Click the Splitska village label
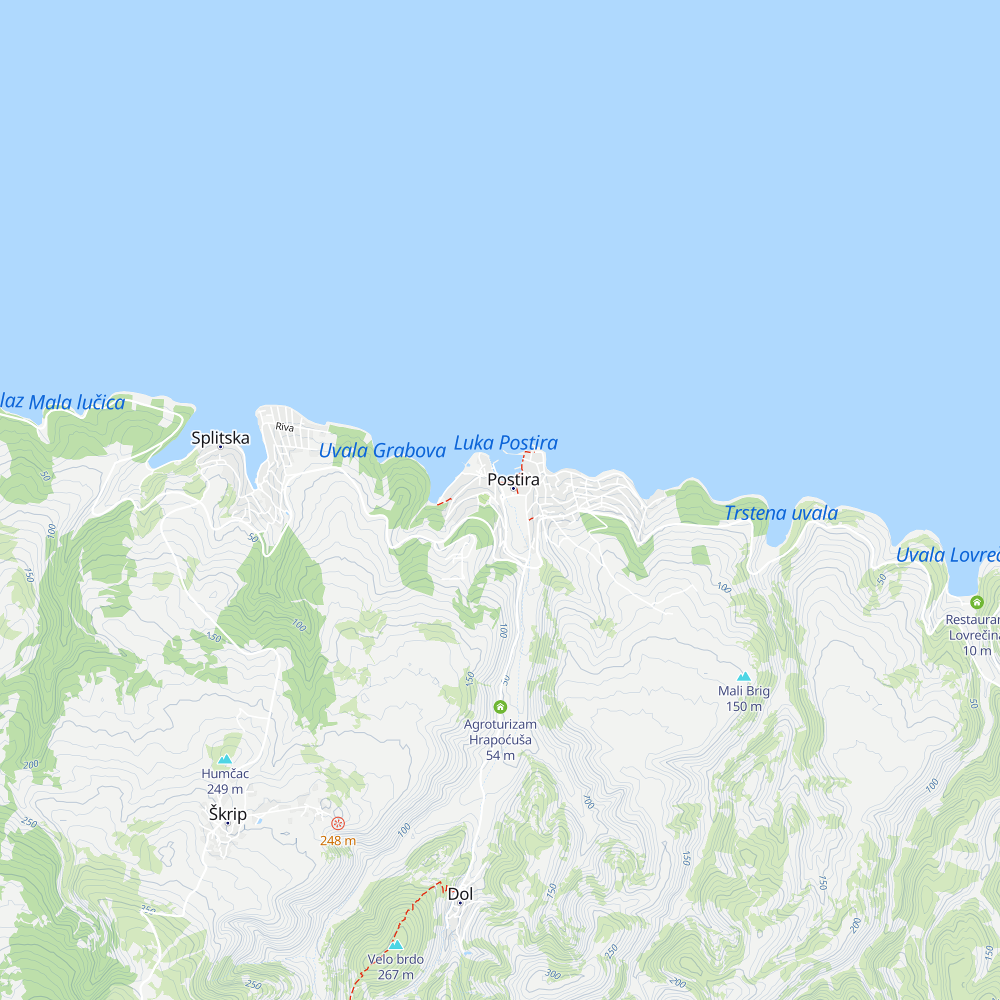point(220,438)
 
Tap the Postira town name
point(513,479)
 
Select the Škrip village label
point(227,813)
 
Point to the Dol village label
point(460,894)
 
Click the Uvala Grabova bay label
point(382,451)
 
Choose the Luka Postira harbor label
point(505,443)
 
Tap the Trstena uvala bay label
point(780,513)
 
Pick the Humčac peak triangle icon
point(224,759)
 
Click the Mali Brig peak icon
point(744,676)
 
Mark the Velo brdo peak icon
point(396,944)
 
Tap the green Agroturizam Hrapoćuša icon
point(500,706)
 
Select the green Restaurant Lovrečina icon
point(976,602)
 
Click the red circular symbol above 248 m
point(338,823)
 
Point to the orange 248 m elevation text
point(338,840)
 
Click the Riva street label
point(284,427)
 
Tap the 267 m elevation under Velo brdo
point(396,974)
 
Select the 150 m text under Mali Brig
point(744,706)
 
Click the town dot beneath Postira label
point(513,488)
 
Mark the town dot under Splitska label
point(220,446)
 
